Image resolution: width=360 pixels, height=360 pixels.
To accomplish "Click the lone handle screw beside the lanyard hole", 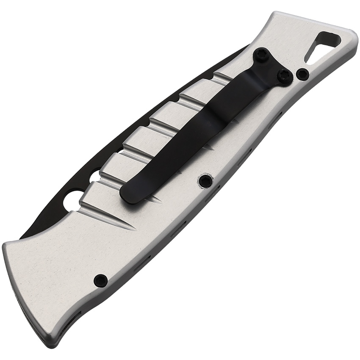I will coord(302,75).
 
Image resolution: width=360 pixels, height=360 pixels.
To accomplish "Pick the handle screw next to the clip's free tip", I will coord(205,181).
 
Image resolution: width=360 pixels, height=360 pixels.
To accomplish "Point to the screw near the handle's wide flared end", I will coord(100,280).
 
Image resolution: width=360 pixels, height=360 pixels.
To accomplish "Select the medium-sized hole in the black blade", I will coord(95,175).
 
